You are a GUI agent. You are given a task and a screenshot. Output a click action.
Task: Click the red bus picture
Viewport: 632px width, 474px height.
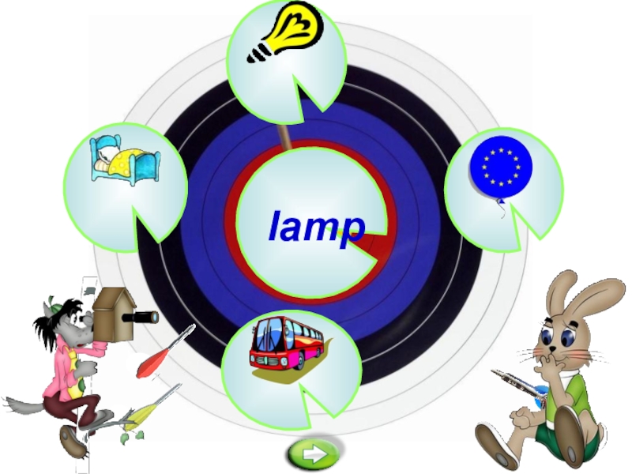(x=287, y=344)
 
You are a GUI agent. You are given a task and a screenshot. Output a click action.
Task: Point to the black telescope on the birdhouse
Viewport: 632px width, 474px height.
(x=144, y=317)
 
